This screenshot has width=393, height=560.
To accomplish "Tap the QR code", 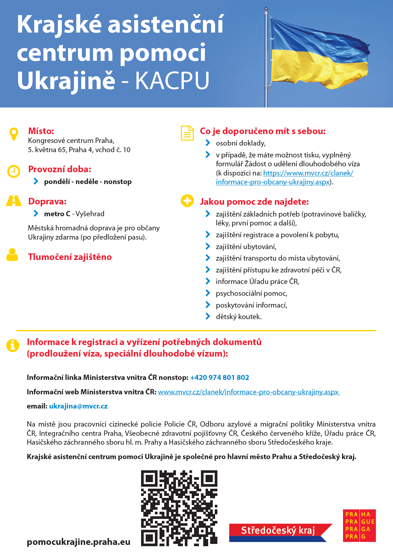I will (179, 508).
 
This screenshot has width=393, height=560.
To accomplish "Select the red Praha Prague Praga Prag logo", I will (359, 525).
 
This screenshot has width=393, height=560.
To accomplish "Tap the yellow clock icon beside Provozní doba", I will (14, 171).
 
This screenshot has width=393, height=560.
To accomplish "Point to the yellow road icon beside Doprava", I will (14, 200).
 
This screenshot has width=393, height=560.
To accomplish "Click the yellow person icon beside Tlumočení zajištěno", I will (12, 255).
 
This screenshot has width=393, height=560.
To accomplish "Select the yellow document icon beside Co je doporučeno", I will (187, 133).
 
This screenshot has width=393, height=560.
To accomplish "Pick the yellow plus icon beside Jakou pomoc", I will (187, 200).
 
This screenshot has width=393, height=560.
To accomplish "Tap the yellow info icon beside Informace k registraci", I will (13, 345).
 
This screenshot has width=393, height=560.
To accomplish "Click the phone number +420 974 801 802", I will (219, 378).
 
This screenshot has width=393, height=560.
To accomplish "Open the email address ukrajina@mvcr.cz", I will (78, 406).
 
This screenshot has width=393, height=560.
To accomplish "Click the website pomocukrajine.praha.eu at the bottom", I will (79, 542).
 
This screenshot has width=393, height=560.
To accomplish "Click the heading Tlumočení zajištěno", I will (70, 257).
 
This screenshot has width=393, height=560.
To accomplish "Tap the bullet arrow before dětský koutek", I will (208, 316).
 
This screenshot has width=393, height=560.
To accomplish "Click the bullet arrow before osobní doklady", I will (208, 143).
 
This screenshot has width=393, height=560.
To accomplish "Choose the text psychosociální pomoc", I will (251, 293).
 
